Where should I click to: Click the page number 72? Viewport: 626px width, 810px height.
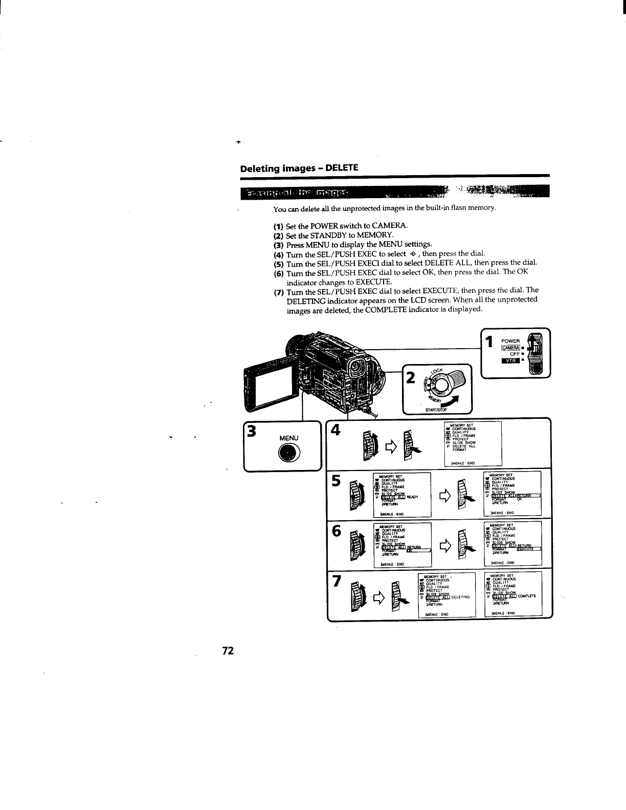tap(228, 651)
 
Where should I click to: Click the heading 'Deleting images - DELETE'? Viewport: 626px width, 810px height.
tap(300, 168)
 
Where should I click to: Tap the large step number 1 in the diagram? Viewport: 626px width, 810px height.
tap(489, 342)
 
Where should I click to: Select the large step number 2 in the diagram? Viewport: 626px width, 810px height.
tap(410, 378)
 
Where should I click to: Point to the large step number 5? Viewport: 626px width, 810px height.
tap(337, 482)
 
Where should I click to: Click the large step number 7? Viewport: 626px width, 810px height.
tap(337, 581)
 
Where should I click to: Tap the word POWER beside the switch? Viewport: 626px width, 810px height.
tap(510, 341)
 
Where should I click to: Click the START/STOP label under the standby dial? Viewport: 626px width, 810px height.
tap(436, 410)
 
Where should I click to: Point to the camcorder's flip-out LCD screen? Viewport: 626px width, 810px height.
tap(270, 379)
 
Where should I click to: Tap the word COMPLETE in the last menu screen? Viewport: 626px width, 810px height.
tap(527, 596)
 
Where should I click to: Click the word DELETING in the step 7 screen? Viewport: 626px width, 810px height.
tap(462, 596)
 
